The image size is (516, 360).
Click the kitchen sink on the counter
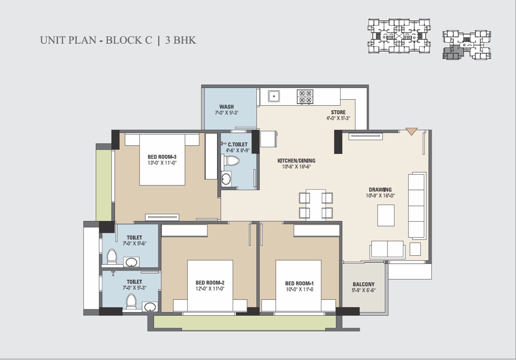tap(273, 96)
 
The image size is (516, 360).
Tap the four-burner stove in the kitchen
tap(305, 96)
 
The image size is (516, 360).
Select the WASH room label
tap(226, 107)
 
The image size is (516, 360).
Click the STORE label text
tap(338, 112)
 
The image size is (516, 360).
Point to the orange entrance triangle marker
tap(411, 131)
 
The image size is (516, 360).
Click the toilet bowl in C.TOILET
tap(232, 161)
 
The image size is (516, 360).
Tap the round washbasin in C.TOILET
tap(226, 180)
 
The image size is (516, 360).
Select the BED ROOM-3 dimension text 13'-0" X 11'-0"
tap(162, 163)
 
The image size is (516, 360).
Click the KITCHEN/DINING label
tap(296, 161)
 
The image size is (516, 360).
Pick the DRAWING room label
tap(380, 190)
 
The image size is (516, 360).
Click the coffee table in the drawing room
tap(386, 215)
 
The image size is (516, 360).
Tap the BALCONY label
tap(363, 284)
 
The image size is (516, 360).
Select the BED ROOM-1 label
tap(299, 284)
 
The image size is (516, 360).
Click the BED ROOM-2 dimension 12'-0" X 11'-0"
tap(210, 289)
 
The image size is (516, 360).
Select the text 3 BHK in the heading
tap(181, 40)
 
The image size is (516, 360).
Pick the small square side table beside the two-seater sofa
tap(415, 249)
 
